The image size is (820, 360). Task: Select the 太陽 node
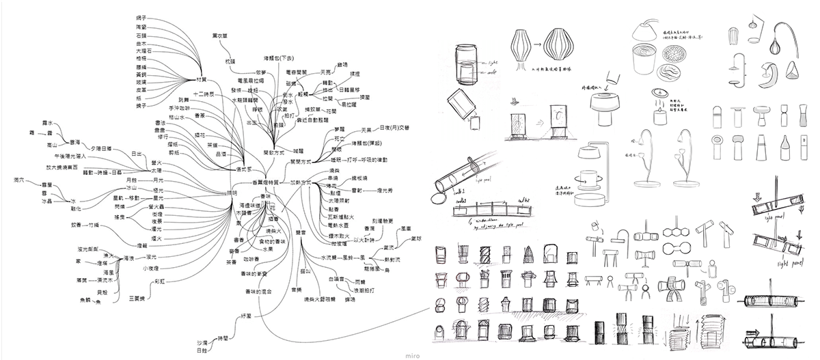pos(156,169)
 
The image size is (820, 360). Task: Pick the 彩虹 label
pos(161,281)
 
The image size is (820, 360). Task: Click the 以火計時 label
pos(363,240)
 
